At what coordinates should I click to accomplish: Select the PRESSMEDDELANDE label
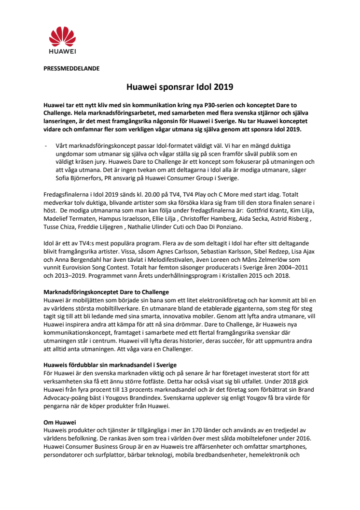point(71,69)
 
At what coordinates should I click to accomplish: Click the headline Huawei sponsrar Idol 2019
point(180,87)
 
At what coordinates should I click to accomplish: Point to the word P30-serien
point(212,105)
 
